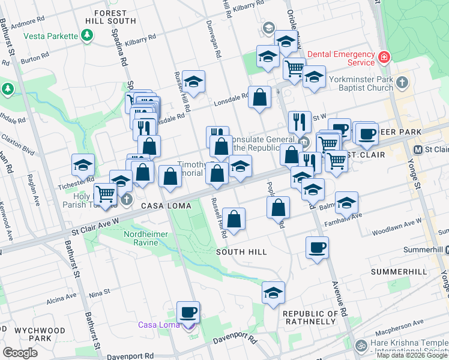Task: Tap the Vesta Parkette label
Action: (x=50, y=36)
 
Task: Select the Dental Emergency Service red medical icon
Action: (x=384, y=58)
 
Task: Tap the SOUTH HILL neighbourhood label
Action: (x=242, y=252)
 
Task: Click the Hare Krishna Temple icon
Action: (x=361, y=346)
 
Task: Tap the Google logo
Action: (x=20, y=353)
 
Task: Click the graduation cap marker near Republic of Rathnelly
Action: (x=273, y=293)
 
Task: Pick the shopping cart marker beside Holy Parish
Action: (x=106, y=194)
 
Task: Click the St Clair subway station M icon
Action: (x=419, y=149)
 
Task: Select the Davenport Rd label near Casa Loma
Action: (x=234, y=341)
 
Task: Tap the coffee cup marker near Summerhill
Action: (x=317, y=247)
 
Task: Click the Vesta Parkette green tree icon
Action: (x=88, y=36)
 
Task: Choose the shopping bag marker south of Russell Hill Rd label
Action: (x=234, y=218)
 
